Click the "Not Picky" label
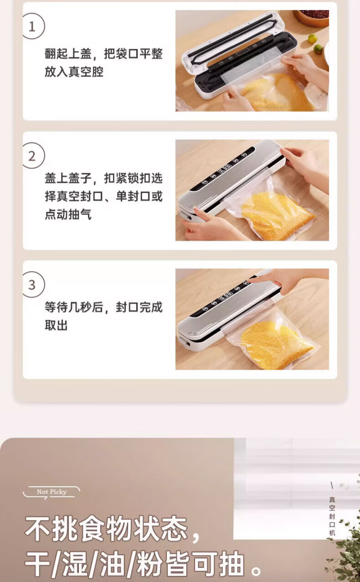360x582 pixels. pyautogui.click(x=51, y=492)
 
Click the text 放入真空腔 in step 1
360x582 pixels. pyautogui.click(x=74, y=72)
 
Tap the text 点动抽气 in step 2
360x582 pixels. pyautogui.click(x=68, y=214)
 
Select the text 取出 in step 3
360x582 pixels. pyautogui.click(x=56, y=325)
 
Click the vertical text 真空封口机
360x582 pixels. pyautogui.click(x=332, y=516)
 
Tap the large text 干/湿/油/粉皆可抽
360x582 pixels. pyautogui.click(x=135, y=562)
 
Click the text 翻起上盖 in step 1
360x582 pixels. pyautogui.click(x=68, y=54)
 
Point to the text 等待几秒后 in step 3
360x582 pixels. pyautogui.click(x=74, y=307)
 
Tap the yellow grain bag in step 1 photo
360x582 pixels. pyautogui.click(x=275, y=92)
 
